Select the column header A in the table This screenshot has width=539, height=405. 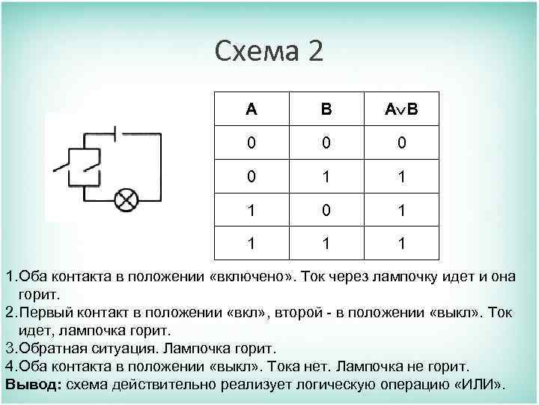tap(251, 109)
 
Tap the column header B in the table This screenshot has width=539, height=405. tap(326, 109)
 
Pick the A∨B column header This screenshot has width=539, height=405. tap(402, 109)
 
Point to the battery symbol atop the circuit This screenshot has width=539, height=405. tap(117, 135)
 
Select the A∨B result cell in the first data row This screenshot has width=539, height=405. tap(402, 142)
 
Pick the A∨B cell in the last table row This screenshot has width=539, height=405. tap(402, 243)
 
